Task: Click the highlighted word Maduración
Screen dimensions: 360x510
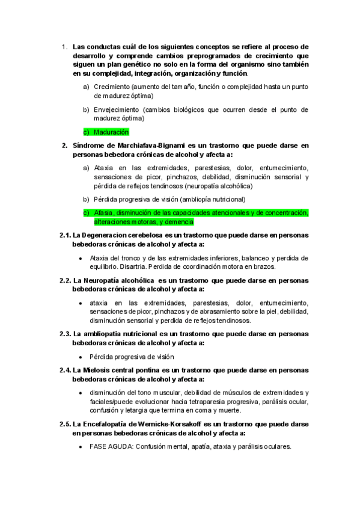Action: click(111, 132)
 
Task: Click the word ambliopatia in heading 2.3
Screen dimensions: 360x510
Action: click(102, 333)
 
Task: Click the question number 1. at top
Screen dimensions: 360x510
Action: click(65, 46)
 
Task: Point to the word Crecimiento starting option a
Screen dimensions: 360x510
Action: click(112, 87)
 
